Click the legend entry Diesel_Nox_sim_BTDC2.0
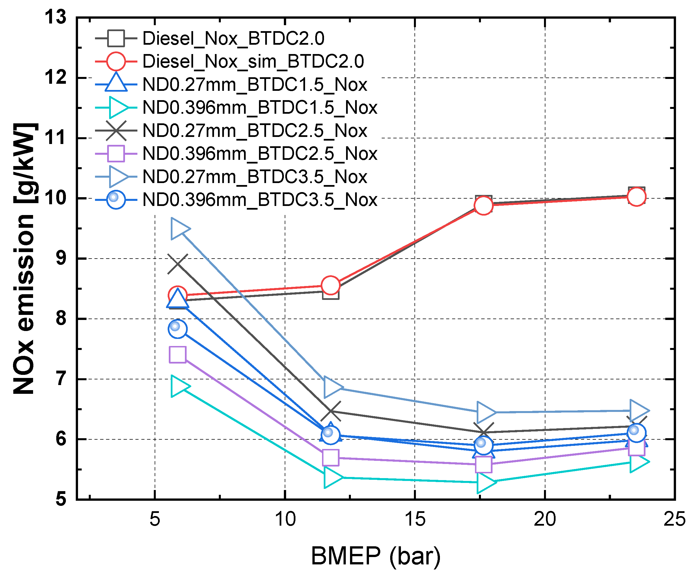click(253, 62)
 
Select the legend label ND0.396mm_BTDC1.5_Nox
click(260, 108)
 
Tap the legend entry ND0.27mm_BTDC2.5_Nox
click(255, 131)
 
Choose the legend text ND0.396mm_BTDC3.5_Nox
click(260, 200)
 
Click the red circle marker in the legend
click(116, 61)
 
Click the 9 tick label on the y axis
click(61, 258)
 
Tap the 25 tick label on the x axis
click(674, 519)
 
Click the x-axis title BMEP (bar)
click(376, 556)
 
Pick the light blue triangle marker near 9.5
click(179, 229)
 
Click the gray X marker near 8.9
click(178, 264)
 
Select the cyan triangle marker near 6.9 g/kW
click(179, 386)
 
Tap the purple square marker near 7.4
click(178, 355)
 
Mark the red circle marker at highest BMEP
click(636, 197)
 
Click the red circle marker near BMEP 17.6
click(483, 205)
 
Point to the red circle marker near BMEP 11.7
click(330, 285)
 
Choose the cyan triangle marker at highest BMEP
click(638, 462)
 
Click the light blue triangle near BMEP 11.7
click(332, 387)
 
